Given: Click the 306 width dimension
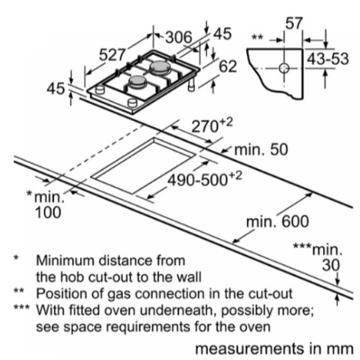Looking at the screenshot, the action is click(179, 37).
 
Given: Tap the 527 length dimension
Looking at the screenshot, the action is click(112, 55).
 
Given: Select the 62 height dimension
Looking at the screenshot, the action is click(228, 67).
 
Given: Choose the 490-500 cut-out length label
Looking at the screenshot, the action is click(204, 179).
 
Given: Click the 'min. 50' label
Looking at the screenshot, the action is click(261, 150).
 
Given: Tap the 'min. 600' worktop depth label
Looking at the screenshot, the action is click(278, 221).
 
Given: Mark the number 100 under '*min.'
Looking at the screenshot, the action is click(48, 213).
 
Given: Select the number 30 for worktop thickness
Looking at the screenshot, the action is click(330, 265).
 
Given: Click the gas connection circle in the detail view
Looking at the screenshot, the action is click(285, 68).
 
